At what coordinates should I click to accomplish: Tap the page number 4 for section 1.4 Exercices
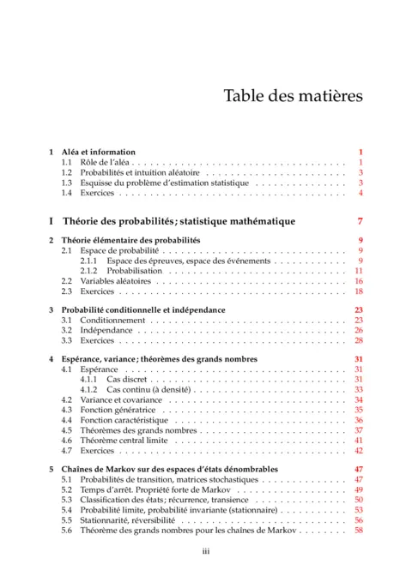pos(362,193)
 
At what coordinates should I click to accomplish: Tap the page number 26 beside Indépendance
pos(360,331)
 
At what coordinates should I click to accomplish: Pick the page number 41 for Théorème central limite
pos(360,440)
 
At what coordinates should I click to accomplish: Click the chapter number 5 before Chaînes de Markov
pos(51,470)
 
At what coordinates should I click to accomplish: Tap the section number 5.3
pos(67,500)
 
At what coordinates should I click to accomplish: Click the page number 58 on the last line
pos(360,531)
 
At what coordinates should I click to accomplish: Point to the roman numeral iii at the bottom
pos(206,553)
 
